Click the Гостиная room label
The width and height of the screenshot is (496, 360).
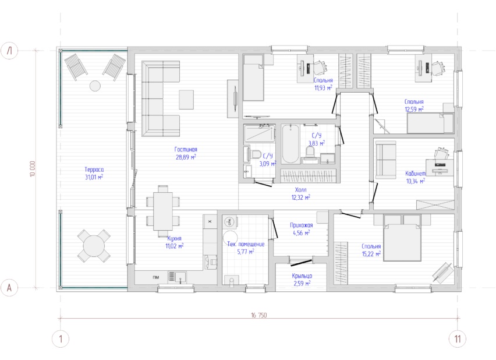pyautogui.click(x=186, y=150)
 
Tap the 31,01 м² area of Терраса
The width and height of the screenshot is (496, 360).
pyautogui.click(x=94, y=177)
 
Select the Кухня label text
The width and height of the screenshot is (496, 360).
pyautogui.click(x=174, y=238)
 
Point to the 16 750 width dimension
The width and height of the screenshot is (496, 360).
pyautogui.click(x=258, y=315)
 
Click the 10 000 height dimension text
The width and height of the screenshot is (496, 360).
pyautogui.click(x=33, y=169)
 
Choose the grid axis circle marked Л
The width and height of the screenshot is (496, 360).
pyautogui.click(x=9, y=50)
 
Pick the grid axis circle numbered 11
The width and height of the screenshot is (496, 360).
pyautogui.click(x=458, y=339)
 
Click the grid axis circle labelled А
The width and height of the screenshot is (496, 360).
pyautogui.click(x=9, y=288)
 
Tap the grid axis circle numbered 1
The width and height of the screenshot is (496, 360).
pyautogui.click(x=61, y=339)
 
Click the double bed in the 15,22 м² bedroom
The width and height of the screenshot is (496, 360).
pyautogui.click(x=402, y=238)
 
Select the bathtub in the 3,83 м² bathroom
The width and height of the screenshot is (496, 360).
pyautogui.click(x=290, y=144)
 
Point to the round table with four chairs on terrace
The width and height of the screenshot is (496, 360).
pyautogui.click(x=94, y=246)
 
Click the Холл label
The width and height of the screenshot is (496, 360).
pyautogui.click(x=300, y=190)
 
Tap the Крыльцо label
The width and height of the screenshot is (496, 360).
pyautogui.click(x=302, y=276)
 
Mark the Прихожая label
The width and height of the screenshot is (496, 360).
pyautogui.click(x=302, y=225)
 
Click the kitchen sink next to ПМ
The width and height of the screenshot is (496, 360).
pyautogui.click(x=177, y=277)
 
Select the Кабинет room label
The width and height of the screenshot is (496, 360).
pyautogui.click(x=415, y=174)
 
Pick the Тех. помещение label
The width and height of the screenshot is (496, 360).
pyautogui.click(x=246, y=244)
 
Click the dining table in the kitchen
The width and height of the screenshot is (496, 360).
pyautogui.click(x=163, y=211)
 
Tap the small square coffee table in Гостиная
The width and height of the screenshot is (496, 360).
pyautogui.click(x=186, y=100)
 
